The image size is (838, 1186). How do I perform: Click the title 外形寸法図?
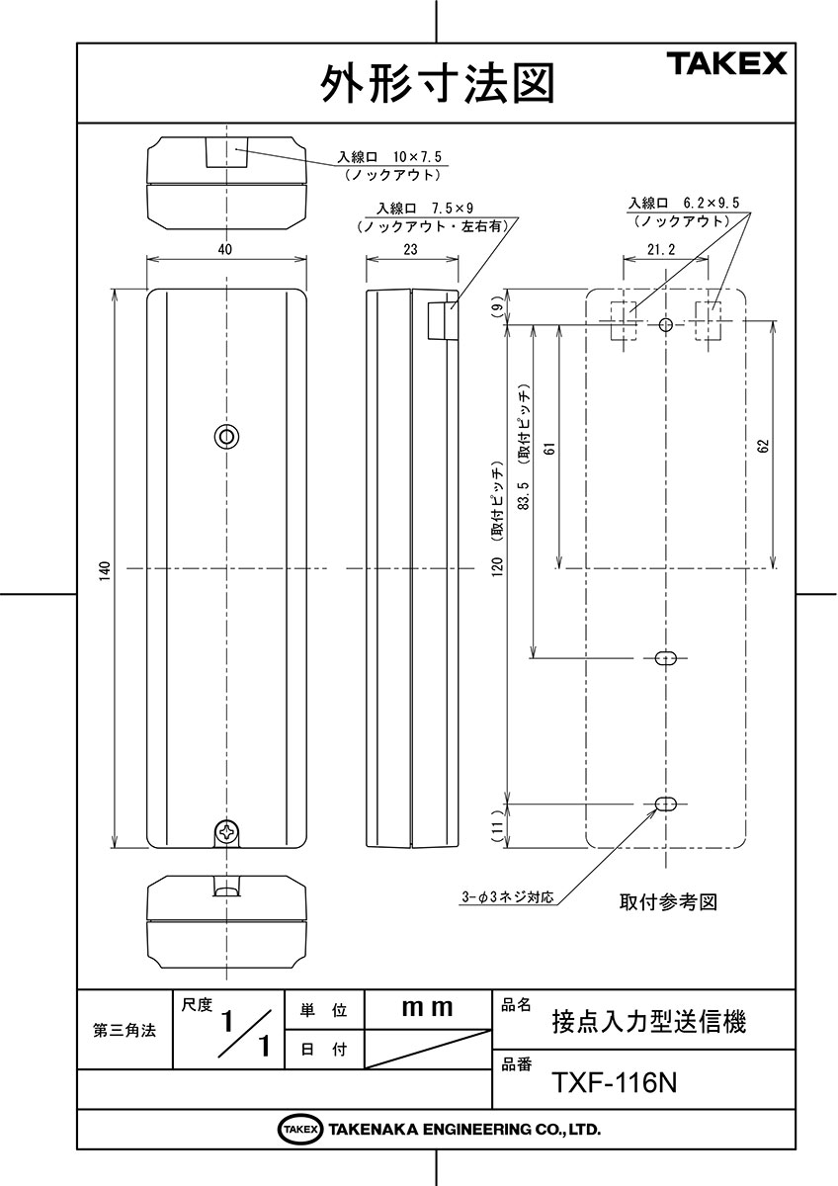point(437,84)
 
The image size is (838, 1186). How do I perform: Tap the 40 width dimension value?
point(225,249)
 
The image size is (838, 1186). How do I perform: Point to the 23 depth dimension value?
point(410,249)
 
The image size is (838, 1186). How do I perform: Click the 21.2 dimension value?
point(662,249)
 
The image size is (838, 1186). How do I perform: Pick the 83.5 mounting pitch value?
point(524,495)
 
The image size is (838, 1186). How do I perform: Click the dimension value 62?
point(763,447)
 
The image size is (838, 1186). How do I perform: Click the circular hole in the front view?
point(226,436)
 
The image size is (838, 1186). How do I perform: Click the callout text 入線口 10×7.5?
point(389,157)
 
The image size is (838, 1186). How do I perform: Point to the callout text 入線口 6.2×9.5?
point(684,203)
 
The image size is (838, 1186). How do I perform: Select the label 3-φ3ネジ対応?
point(508,897)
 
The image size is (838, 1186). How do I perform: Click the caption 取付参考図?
point(668,901)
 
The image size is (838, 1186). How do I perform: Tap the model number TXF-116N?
point(615,1083)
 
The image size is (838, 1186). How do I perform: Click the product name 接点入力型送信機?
point(649,1022)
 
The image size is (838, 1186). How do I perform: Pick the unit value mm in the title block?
point(427,1007)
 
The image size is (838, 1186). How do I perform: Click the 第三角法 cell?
point(125,1032)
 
